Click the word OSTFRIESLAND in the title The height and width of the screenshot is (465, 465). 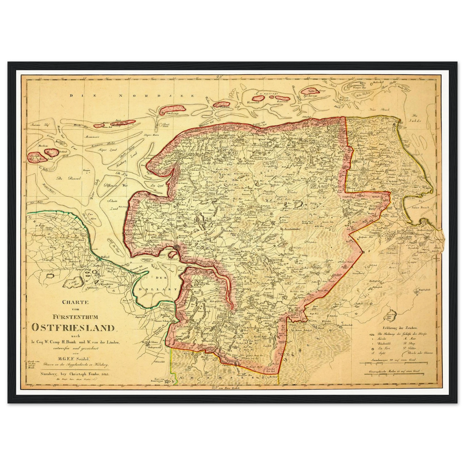pos(73,328)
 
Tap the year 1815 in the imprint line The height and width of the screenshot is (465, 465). pos(105,374)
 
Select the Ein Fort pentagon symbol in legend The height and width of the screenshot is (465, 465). pos(372,348)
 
